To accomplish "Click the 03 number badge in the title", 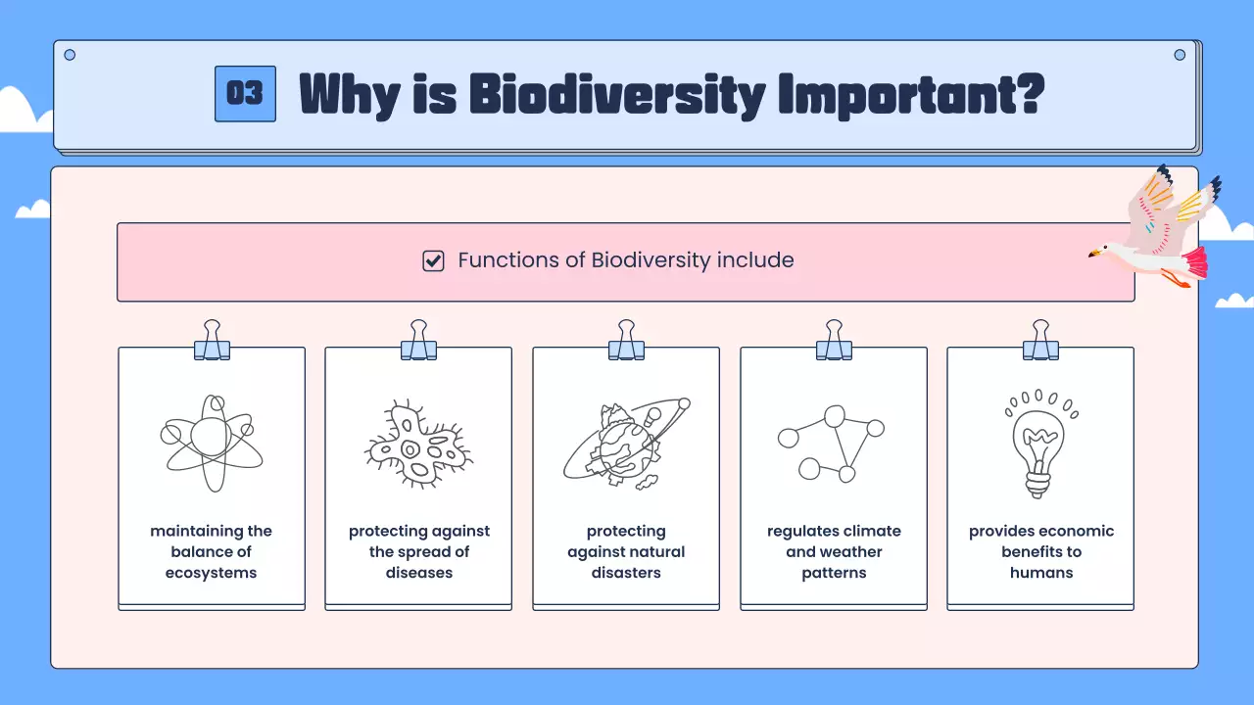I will (x=245, y=94).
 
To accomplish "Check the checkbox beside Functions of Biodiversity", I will (x=433, y=260).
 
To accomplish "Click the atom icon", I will (x=211, y=443).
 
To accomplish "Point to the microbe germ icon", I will (x=418, y=445).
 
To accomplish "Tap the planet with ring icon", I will (x=625, y=444).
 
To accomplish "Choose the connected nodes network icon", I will (x=832, y=444).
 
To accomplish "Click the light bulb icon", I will (x=1039, y=445).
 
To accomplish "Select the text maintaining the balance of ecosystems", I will (x=211, y=552).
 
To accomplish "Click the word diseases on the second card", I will (x=418, y=573).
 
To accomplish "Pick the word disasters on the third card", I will (x=626, y=573).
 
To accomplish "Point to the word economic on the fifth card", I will (x=1075, y=531).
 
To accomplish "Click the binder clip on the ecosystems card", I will (x=212, y=341).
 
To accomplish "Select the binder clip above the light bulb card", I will (x=1040, y=341).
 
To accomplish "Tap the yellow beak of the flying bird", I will (x=1093, y=256).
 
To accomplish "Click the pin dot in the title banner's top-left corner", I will (x=70, y=55).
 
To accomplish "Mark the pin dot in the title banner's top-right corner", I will (x=1180, y=55).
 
